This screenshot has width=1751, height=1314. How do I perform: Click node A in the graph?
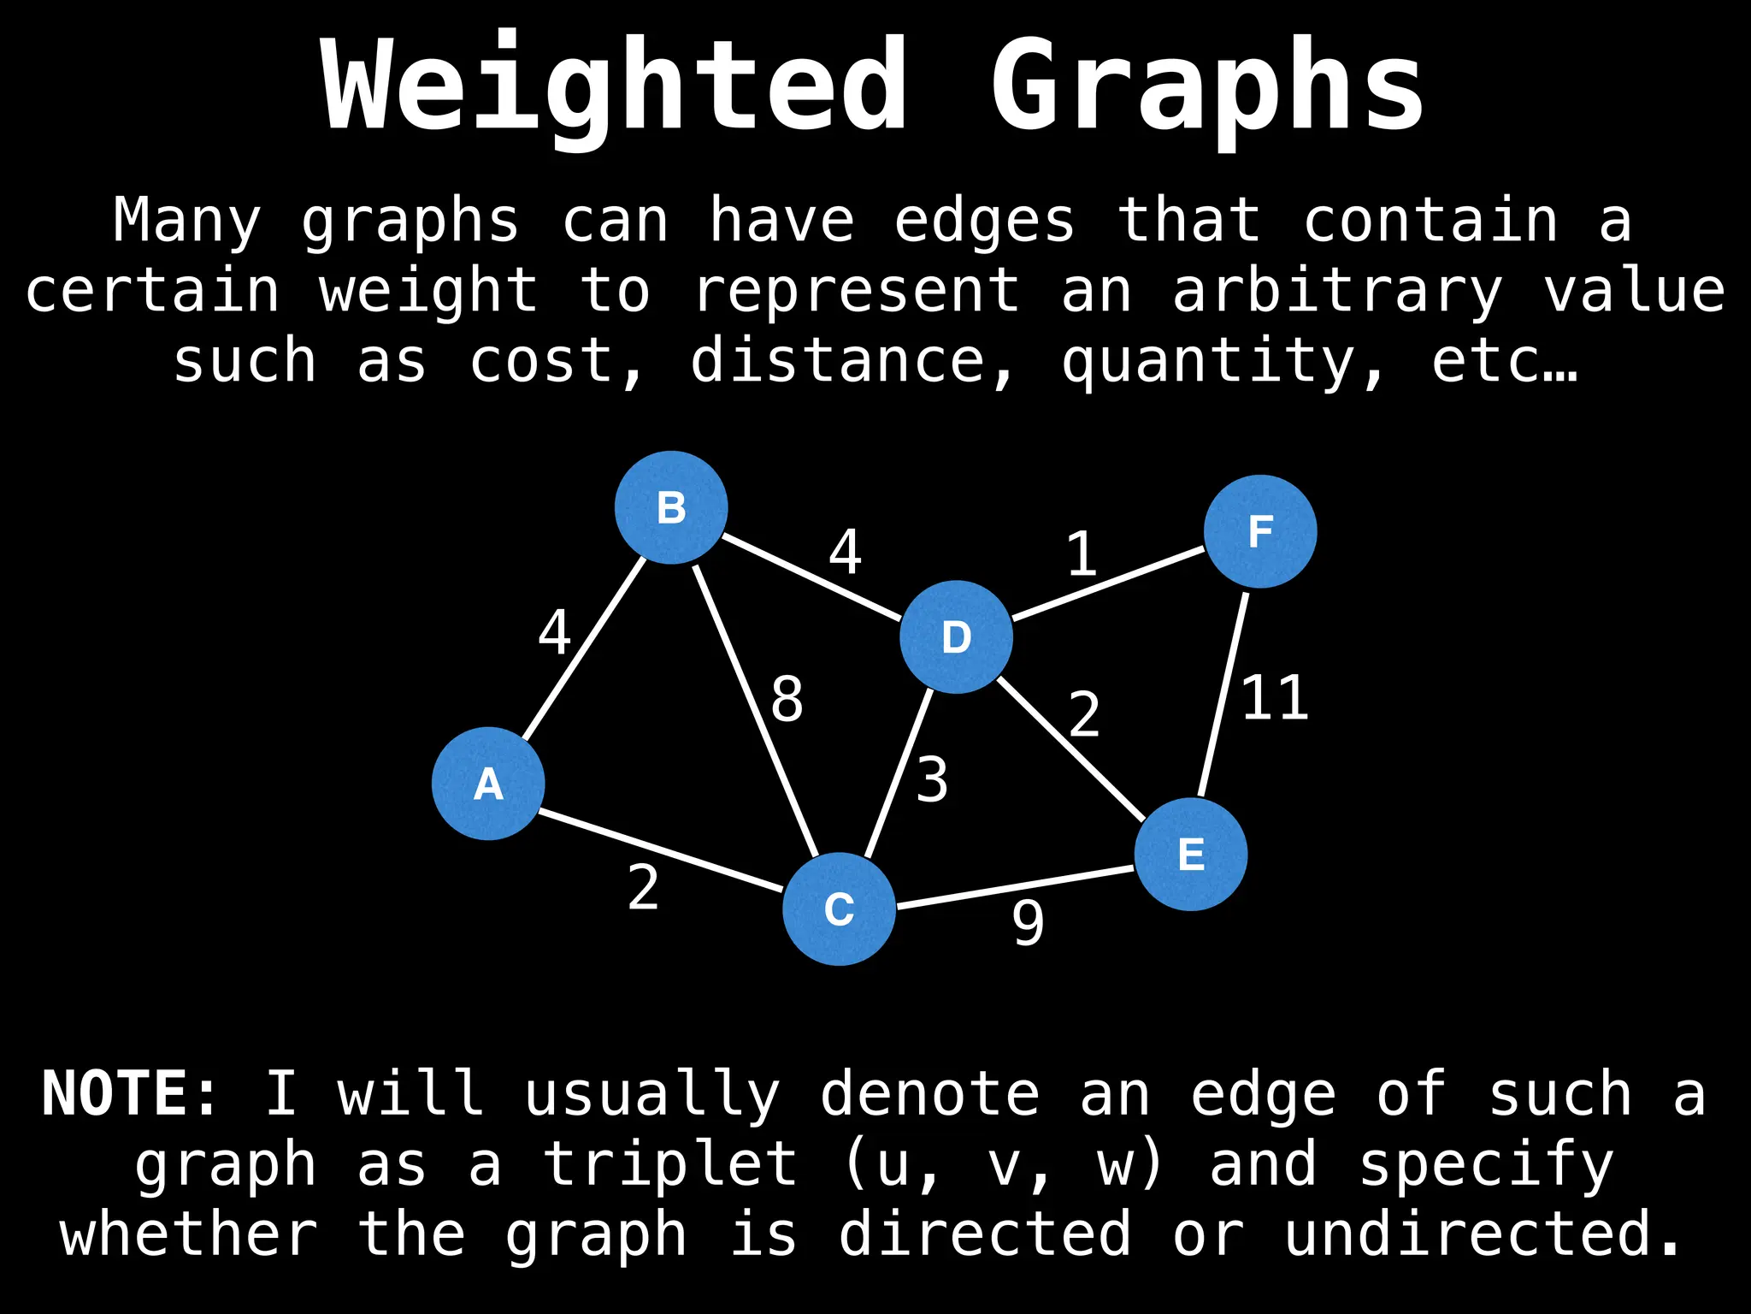coord(488,784)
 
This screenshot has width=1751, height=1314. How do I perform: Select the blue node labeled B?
coord(671,507)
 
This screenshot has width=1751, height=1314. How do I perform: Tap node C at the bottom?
coord(839,909)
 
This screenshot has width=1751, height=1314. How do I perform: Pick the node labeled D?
coord(956,637)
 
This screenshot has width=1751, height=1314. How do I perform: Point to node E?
coord(1191,854)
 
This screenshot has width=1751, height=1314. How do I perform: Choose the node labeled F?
coord(1260,531)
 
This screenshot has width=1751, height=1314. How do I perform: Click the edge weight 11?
coord(1274,698)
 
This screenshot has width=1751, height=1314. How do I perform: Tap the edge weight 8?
coord(787,699)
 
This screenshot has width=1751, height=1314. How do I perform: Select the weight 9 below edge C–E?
coord(1028,924)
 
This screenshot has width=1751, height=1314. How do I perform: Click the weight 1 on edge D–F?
coord(1082,554)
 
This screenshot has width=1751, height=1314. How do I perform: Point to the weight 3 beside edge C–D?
coord(932,780)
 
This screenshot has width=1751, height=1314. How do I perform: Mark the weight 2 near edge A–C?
coord(643,888)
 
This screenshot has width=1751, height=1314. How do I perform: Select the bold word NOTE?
coord(130,1093)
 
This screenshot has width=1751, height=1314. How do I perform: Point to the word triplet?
coord(671,1165)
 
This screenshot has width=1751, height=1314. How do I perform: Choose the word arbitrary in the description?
coord(1337,291)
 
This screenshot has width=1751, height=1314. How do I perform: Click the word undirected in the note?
coord(1483,1234)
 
